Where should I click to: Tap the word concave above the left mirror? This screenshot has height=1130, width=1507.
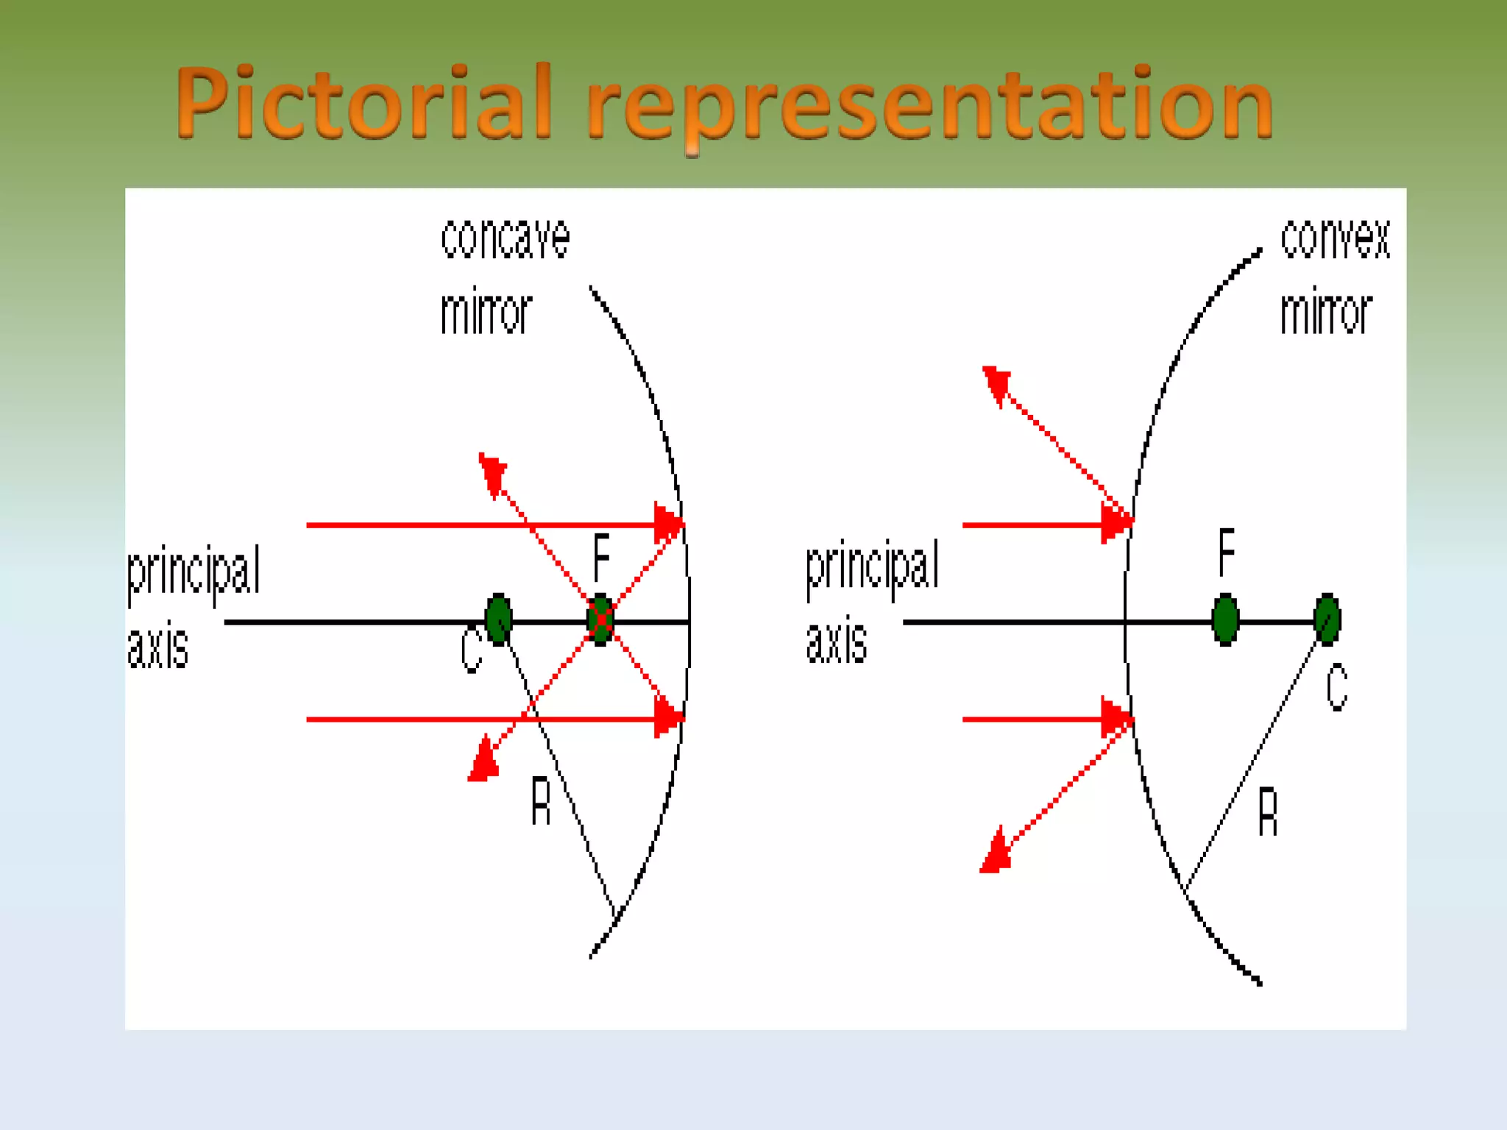[505, 238]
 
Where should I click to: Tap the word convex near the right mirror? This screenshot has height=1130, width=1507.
[1335, 238]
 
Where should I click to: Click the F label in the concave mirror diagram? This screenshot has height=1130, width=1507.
[601, 557]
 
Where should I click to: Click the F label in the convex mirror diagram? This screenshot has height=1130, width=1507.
[1226, 552]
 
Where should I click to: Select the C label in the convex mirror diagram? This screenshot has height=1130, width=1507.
[1336, 686]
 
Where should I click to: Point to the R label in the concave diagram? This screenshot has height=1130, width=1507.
[541, 802]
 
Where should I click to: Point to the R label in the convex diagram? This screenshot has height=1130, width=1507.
[1267, 811]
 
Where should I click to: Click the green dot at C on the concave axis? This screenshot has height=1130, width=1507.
[499, 619]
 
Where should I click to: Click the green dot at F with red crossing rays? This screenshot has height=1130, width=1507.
[601, 619]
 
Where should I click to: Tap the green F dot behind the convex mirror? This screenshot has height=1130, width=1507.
[1225, 619]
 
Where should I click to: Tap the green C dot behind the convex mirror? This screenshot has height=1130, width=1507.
[1327, 619]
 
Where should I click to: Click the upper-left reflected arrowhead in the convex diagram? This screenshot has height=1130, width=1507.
[996, 384]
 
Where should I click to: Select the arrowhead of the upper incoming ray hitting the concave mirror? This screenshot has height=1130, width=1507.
[667, 524]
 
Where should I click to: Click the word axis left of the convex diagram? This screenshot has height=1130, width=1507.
[837, 641]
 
